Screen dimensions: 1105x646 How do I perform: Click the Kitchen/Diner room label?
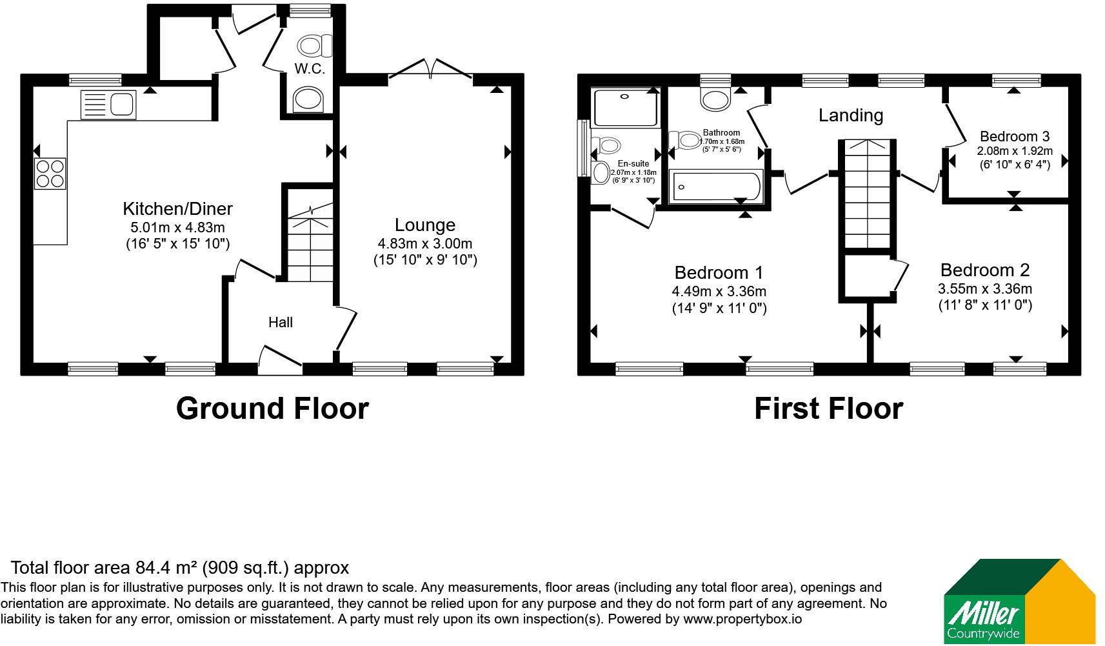click(x=177, y=208)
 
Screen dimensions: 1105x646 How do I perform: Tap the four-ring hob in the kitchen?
click(x=50, y=174)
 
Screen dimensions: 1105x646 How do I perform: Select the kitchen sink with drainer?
click(x=108, y=105)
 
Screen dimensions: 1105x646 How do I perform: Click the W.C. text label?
click(x=310, y=68)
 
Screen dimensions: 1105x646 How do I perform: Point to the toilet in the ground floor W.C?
click(x=314, y=46)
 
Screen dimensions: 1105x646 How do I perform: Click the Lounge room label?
click(x=424, y=225)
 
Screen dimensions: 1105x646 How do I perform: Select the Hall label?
click(x=281, y=322)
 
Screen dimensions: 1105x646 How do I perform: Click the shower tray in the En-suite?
click(x=626, y=108)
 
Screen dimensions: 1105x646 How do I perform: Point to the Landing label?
click(x=851, y=116)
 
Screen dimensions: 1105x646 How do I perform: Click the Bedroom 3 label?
click(x=1015, y=136)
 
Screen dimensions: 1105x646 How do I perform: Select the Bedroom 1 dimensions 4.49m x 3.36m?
click(x=719, y=291)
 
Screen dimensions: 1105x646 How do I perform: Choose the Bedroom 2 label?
click(x=985, y=270)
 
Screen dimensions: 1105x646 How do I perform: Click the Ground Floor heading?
click(x=272, y=409)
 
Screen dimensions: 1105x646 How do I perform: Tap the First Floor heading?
click(x=829, y=409)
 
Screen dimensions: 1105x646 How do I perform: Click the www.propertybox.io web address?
click(x=742, y=619)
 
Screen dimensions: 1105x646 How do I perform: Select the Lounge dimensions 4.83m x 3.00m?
click(x=424, y=243)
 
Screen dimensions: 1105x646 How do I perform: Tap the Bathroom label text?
click(x=721, y=132)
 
